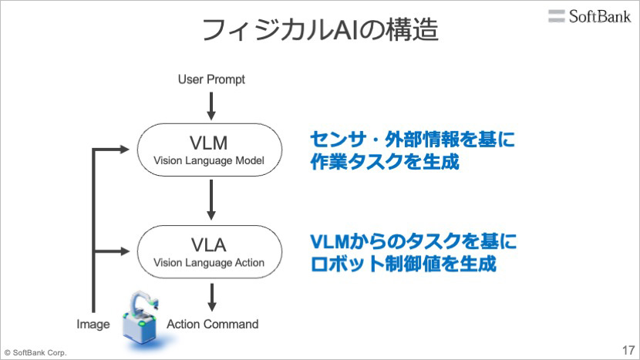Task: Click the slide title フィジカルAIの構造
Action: [x=321, y=29]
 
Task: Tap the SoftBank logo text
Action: [x=600, y=16]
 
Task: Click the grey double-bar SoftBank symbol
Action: [x=556, y=16]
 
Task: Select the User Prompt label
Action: [x=211, y=79]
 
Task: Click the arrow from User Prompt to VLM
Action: [x=211, y=106]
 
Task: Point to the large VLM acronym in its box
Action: [x=208, y=143]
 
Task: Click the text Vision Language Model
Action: [x=209, y=161]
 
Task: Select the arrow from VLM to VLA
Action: [x=211, y=200]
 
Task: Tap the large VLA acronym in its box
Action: [x=208, y=245]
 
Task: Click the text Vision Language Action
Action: [x=209, y=263]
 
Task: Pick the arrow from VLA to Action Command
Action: [x=211, y=298]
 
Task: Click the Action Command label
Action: [x=213, y=324]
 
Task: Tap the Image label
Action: [x=93, y=324]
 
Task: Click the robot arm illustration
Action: [x=141, y=319]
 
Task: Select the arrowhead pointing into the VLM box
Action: [x=124, y=150]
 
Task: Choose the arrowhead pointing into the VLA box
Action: [x=124, y=251]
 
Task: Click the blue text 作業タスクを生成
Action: [x=385, y=162]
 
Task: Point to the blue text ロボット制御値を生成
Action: [x=403, y=264]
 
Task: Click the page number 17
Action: [x=628, y=350]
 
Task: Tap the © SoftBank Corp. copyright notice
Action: [x=35, y=352]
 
